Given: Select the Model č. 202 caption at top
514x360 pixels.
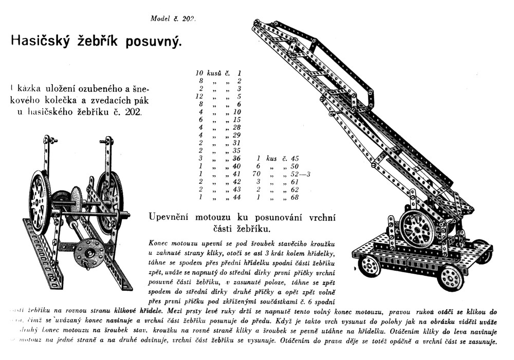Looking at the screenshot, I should pos(173,18).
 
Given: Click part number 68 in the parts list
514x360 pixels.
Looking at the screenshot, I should pos(295,197).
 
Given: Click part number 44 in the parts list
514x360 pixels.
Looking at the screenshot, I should pos(237,197).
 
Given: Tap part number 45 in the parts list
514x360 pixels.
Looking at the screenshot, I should pos(295,159).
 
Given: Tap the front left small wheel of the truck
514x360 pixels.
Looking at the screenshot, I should pos(369,266).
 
